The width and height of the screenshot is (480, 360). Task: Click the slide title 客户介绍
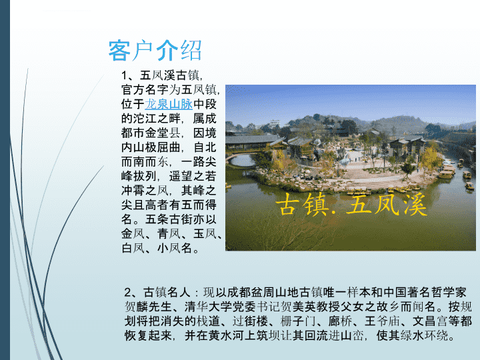pyautogui.click(x=155, y=51)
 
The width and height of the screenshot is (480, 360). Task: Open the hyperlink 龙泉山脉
pyautogui.click(x=169, y=104)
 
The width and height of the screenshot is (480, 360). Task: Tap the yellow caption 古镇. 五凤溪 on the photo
pyautogui.click(x=351, y=205)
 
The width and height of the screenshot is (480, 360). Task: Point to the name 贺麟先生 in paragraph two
pyautogui.click(x=148, y=307)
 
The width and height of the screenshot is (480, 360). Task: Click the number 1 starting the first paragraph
pyautogui.click(x=124, y=75)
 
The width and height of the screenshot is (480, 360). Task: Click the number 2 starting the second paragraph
pyautogui.click(x=127, y=292)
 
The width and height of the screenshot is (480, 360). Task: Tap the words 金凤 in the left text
pyautogui.click(x=133, y=233)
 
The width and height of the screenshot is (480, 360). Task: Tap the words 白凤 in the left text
pyautogui.click(x=133, y=248)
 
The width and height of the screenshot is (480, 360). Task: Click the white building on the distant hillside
pyautogui.click(x=275, y=124)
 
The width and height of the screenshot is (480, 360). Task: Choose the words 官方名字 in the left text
pyautogui.click(x=145, y=90)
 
